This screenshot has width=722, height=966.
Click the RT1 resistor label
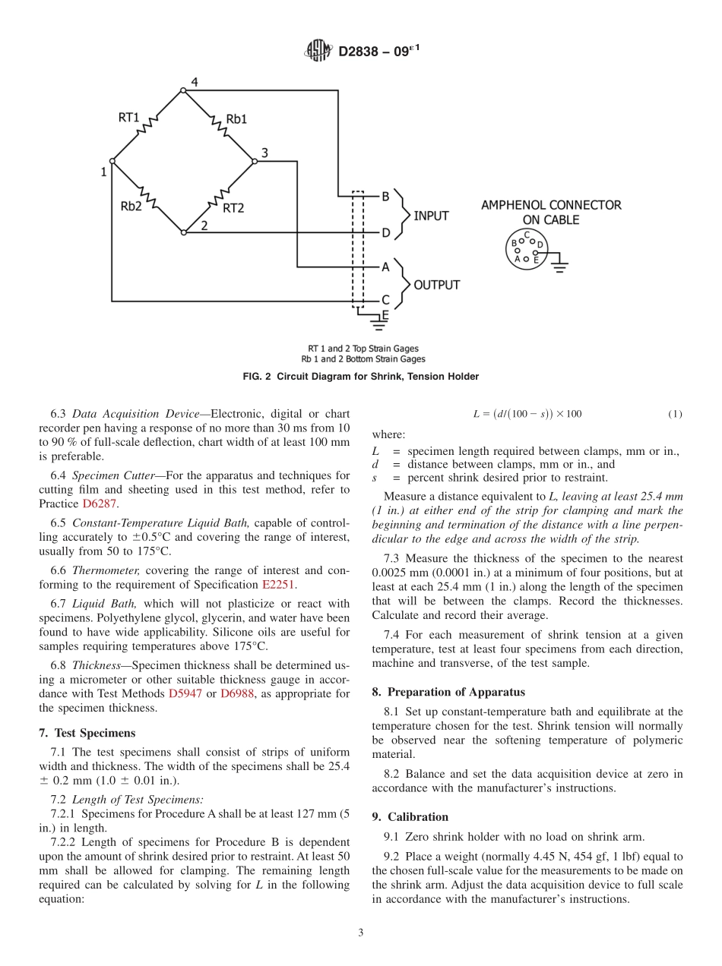tap(128, 118)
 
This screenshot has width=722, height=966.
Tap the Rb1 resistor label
tap(236, 119)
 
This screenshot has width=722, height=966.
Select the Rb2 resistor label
tap(131, 205)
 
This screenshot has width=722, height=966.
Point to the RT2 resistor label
tap(233, 207)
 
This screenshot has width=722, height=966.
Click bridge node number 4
tap(195, 82)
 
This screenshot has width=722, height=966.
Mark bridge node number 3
tap(264, 153)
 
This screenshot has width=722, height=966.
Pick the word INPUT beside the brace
tap(431, 216)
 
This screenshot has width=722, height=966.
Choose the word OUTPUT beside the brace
tap(436, 285)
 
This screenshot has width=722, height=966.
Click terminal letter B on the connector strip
tap(385, 197)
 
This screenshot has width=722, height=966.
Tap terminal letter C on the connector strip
tap(385, 301)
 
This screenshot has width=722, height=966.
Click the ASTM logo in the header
tap(318, 52)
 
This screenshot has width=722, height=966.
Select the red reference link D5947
tap(185, 693)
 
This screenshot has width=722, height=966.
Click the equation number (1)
tap(675, 414)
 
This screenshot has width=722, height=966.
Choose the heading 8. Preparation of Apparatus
tap(448, 692)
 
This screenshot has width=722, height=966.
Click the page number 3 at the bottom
tap(361, 933)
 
